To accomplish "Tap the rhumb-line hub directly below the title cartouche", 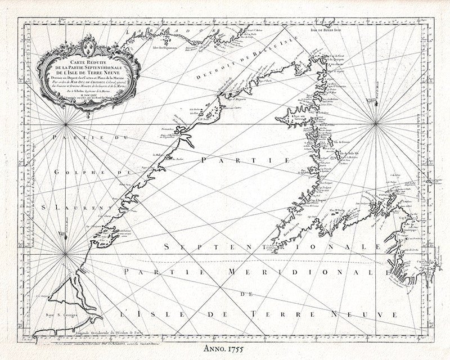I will tap(66, 124).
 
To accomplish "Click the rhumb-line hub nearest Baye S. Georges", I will tap(65, 254).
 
